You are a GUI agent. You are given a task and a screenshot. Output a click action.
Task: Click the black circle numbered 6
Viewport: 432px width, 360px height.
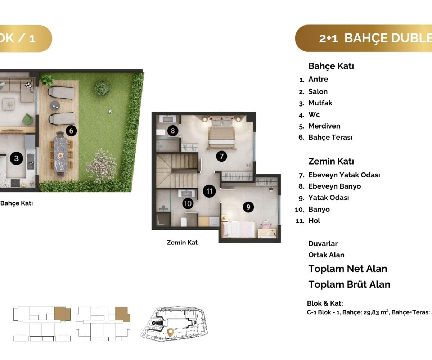(71, 131)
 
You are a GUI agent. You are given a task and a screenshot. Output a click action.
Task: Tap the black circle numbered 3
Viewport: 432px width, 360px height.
(16, 158)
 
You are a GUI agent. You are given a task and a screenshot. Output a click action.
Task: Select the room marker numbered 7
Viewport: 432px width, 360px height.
(221, 156)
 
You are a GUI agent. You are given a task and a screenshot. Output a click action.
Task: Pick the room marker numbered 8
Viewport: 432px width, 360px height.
(173, 131)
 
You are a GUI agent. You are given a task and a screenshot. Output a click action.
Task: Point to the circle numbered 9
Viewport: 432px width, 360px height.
(248, 207)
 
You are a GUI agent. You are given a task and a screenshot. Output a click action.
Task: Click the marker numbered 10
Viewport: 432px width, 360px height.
(188, 203)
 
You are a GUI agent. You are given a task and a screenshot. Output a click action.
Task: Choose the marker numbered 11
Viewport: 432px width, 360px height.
(209, 191)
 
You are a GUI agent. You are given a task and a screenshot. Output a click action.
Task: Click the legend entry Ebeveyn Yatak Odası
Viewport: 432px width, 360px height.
(344, 175)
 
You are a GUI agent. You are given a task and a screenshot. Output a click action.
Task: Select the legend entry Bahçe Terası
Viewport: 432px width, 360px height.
(330, 138)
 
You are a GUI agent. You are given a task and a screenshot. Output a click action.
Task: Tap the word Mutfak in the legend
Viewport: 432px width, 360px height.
(320, 103)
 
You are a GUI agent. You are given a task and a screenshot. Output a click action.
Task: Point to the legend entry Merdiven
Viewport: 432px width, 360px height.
(324, 126)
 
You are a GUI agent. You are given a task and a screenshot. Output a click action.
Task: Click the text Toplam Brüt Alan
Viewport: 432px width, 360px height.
(349, 284)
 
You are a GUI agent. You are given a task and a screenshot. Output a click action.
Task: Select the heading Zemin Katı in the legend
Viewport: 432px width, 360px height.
(331, 161)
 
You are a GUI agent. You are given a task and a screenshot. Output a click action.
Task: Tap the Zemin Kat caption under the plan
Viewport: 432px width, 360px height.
(182, 243)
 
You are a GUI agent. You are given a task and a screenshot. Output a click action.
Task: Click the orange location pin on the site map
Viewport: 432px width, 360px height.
(170, 333)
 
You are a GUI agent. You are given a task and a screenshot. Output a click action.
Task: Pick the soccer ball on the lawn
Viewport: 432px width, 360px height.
(110, 112)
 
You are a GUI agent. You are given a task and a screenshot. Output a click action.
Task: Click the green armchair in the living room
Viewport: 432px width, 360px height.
(28, 119)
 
